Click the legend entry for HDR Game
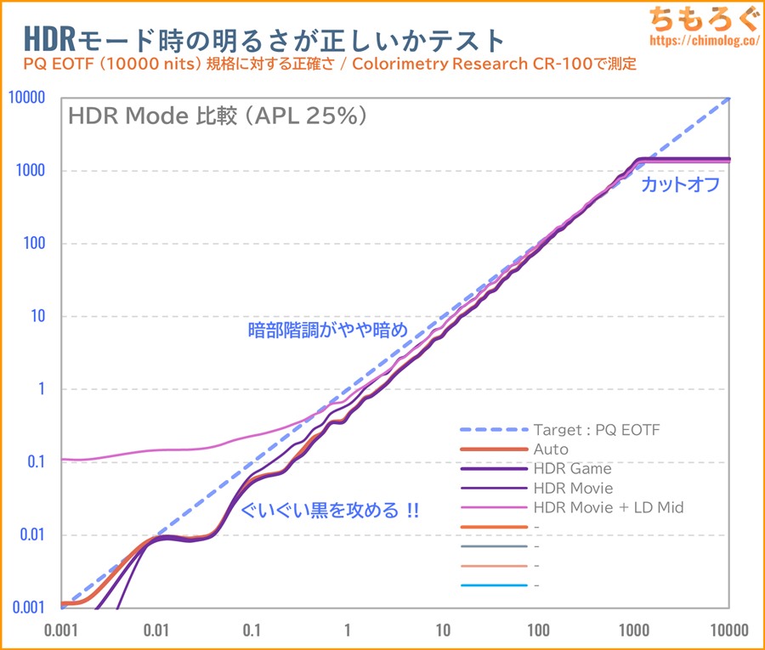coord(572,468)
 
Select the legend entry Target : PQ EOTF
coord(596,430)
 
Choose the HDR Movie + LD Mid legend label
coord(608,507)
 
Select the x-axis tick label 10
coord(442,631)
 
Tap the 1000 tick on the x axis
coord(633,631)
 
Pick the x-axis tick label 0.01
coord(156,631)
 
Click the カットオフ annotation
coord(681,184)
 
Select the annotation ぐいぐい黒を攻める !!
coord(330,512)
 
